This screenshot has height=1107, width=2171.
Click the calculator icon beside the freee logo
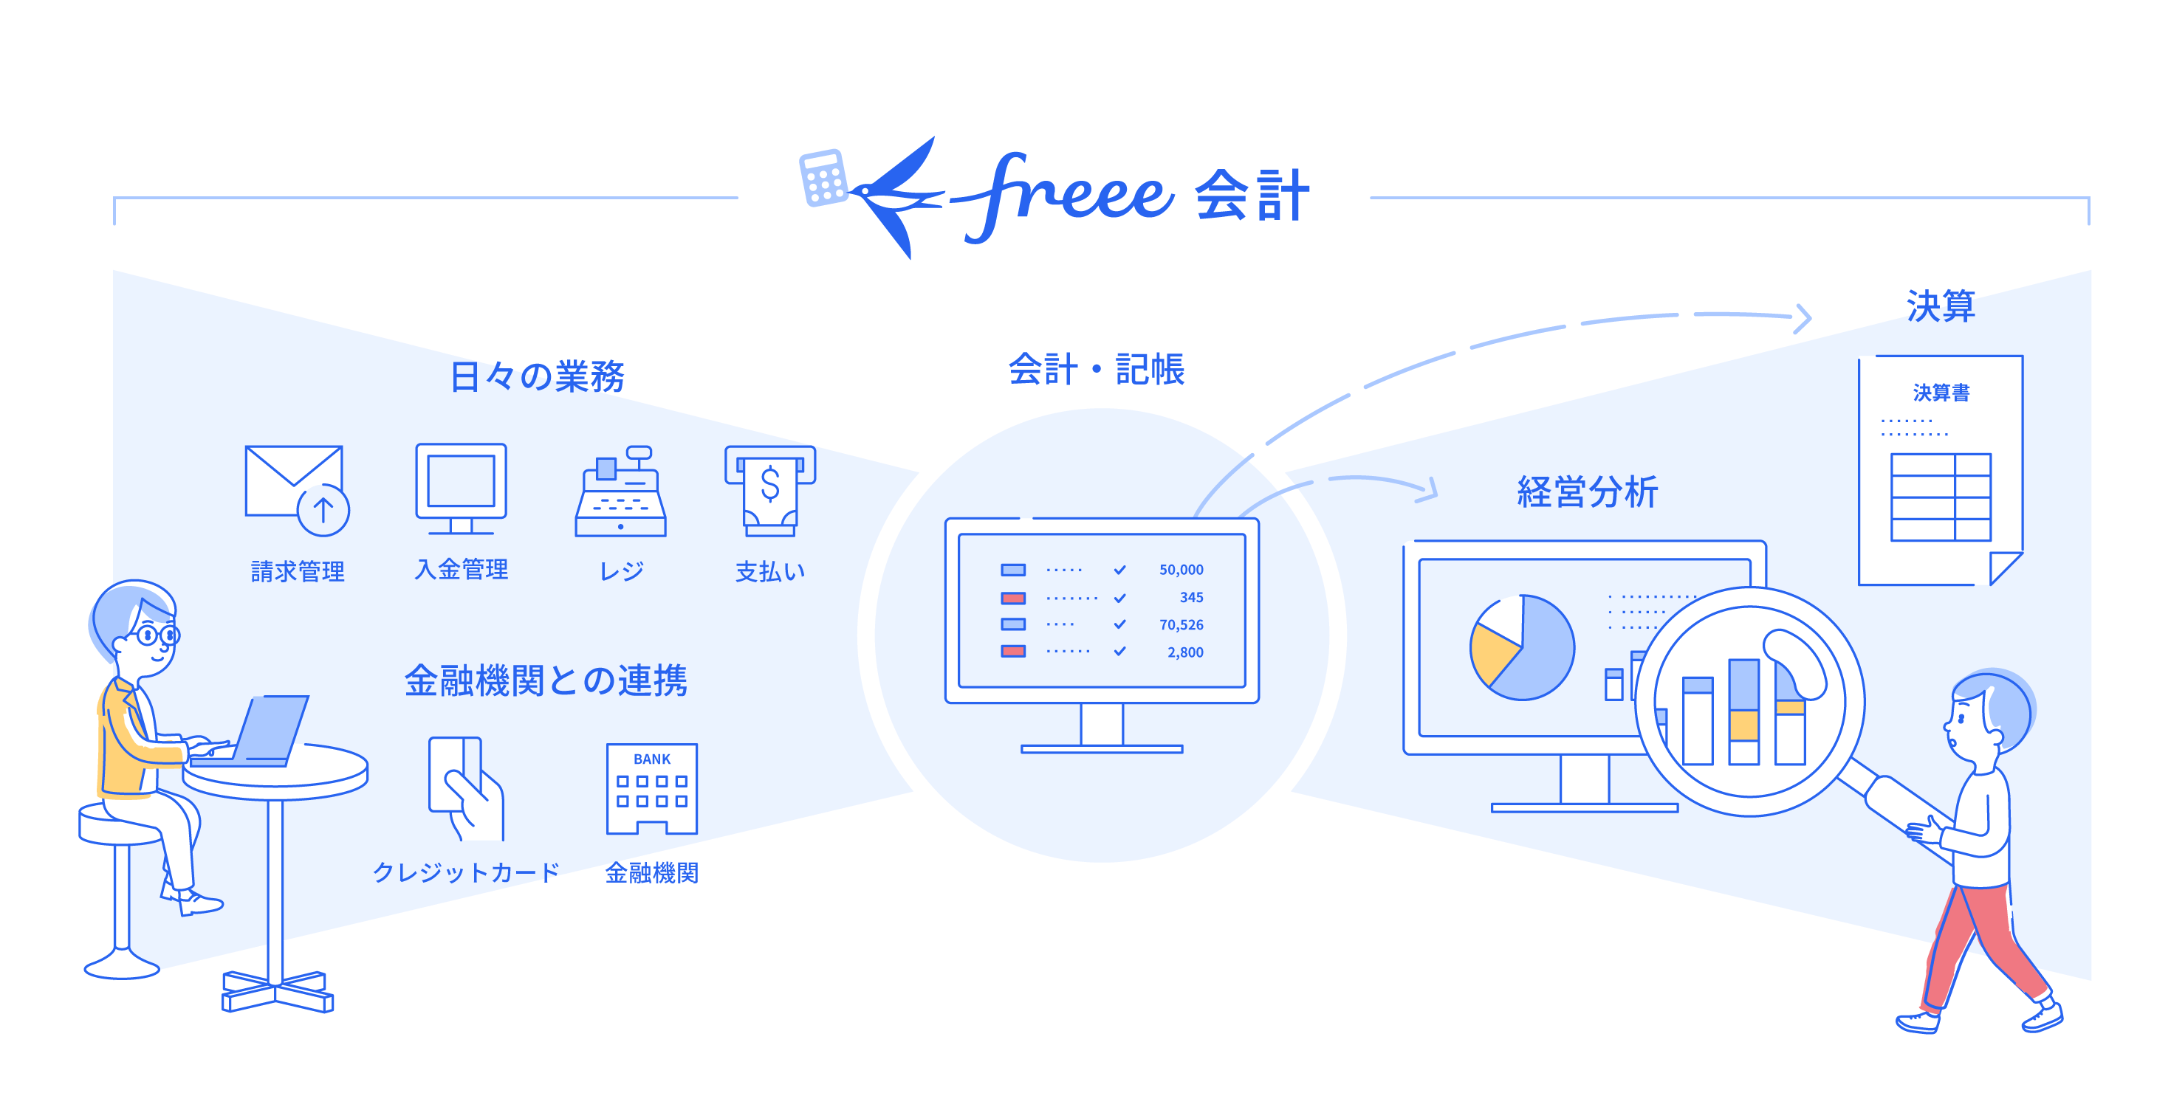point(823,178)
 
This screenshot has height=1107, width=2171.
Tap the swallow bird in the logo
point(897,197)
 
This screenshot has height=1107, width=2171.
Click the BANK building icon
point(651,788)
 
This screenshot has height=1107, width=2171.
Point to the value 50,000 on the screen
point(1181,570)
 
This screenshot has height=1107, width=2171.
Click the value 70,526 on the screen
point(1181,625)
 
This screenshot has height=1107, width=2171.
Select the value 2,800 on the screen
point(1185,652)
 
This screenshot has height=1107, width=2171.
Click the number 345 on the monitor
point(1191,597)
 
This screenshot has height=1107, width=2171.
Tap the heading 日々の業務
point(537,376)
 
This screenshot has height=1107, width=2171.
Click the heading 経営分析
point(1587,492)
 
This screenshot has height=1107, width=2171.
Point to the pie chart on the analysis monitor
point(1522,647)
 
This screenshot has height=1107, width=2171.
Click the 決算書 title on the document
point(1941,393)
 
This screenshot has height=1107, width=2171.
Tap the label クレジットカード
point(466,872)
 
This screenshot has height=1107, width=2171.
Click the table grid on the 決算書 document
point(1940,497)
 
